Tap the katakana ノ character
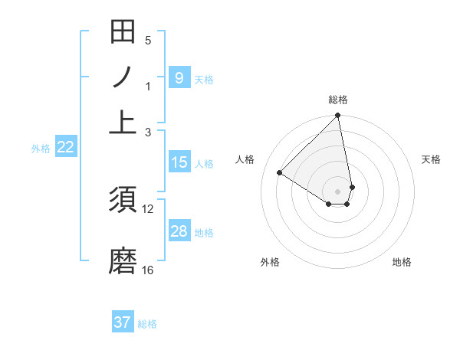(123, 77)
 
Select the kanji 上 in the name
(123, 121)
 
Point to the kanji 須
(123, 199)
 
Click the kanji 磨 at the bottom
(123, 260)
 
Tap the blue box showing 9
(179, 77)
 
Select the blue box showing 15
(179, 162)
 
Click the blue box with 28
(179, 231)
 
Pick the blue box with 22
(66, 147)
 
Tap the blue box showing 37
(123, 322)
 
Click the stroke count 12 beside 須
(148, 208)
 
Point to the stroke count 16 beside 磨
(148, 270)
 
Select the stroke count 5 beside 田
(148, 41)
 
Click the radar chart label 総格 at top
(338, 100)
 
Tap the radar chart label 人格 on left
(245, 159)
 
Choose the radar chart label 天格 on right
(431, 159)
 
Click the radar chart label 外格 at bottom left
(270, 262)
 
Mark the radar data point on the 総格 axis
(338, 116)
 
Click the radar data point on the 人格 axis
(280, 173)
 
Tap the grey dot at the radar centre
(338, 191)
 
